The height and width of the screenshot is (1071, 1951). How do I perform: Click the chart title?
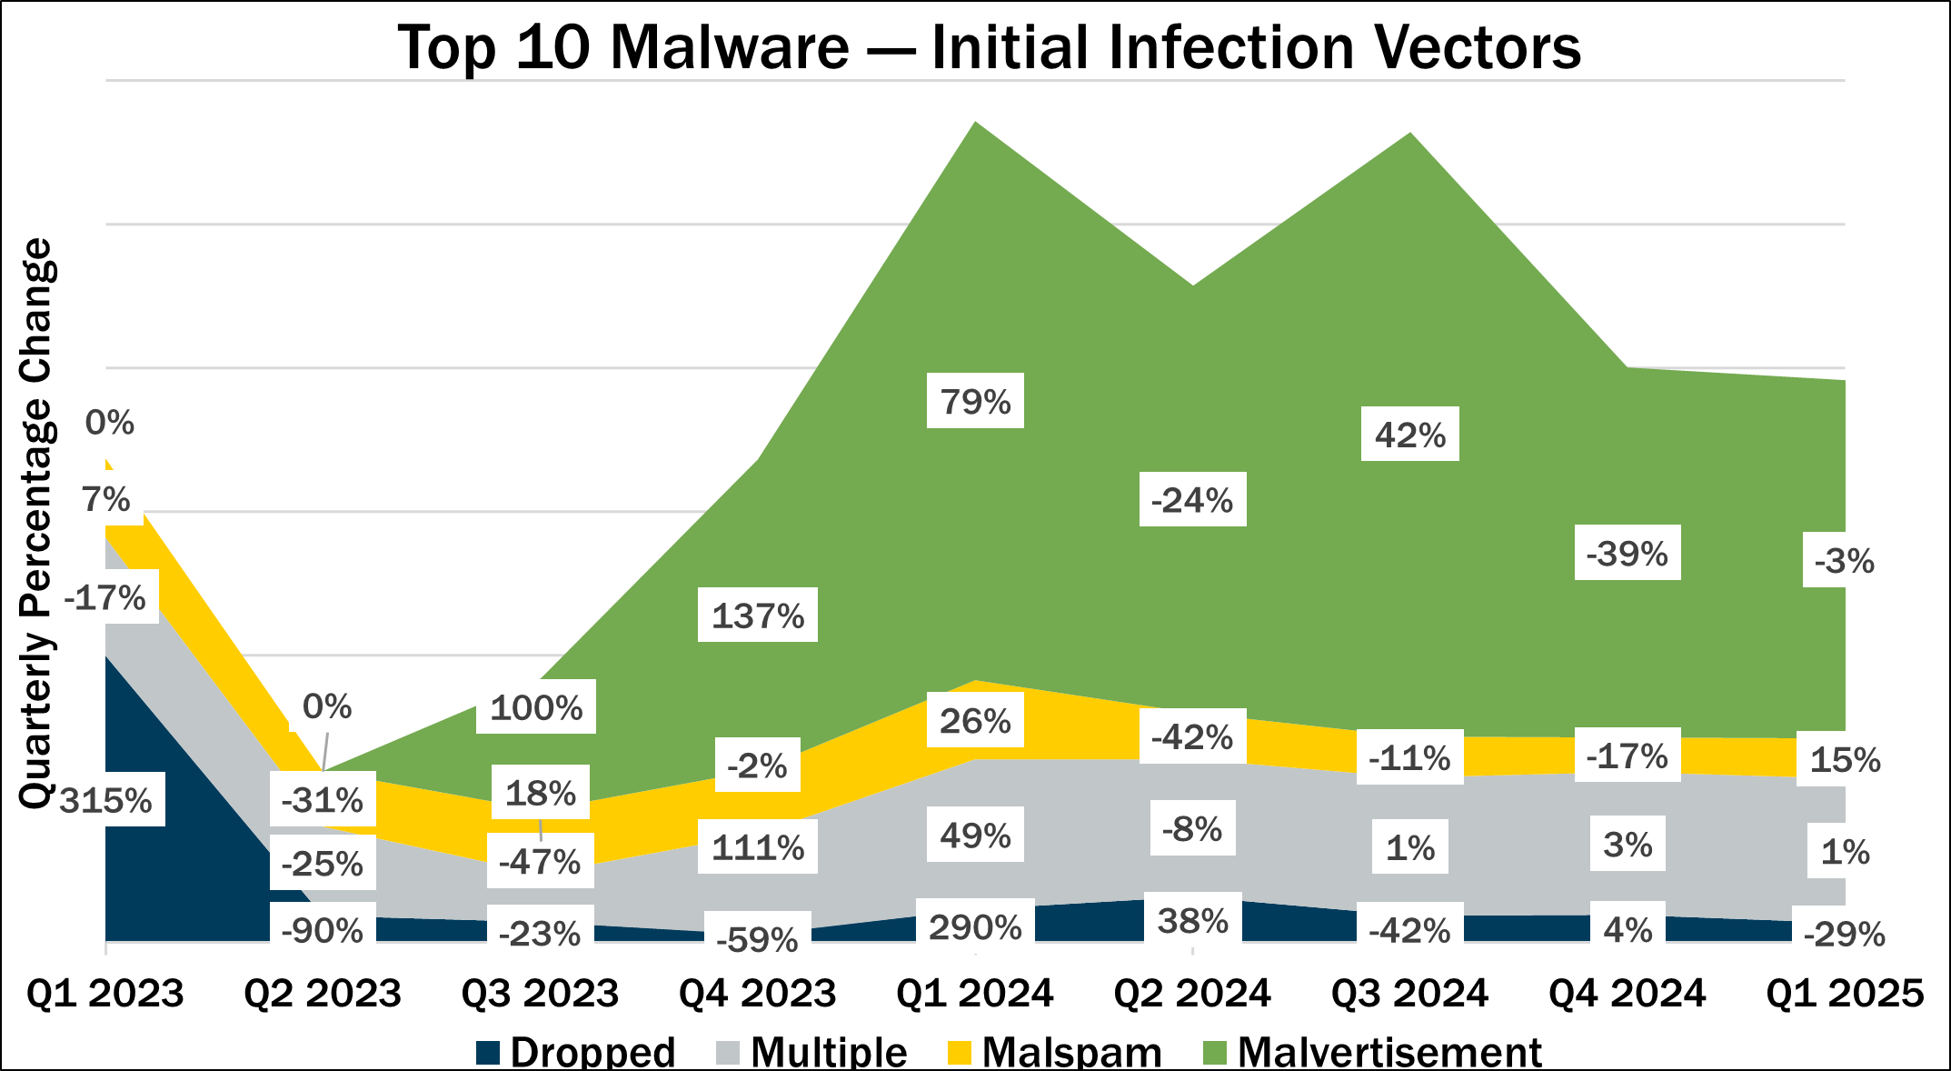tap(989, 47)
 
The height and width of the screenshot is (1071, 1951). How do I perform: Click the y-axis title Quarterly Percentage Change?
tap(36, 523)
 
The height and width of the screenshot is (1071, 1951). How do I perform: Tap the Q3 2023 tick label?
tap(540, 994)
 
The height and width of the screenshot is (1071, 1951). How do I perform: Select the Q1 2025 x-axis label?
tap(1845, 994)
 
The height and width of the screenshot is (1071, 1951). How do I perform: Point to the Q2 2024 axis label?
tap(1192, 994)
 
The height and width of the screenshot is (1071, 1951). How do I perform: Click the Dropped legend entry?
tap(576, 1053)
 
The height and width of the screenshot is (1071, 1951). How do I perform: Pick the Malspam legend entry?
tap(1054, 1053)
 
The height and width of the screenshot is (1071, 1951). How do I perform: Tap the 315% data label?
tap(106, 800)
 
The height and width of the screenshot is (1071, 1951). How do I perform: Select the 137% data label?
tap(758, 616)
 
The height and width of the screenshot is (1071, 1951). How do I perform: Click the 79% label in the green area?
tap(975, 401)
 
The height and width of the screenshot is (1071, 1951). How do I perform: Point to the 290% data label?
tap(975, 926)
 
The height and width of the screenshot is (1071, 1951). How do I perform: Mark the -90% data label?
tap(323, 931)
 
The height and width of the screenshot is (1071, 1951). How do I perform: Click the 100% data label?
tap(536, 707)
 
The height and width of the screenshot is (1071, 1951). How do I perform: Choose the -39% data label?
tap(1627, 553)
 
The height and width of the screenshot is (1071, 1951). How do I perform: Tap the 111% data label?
tap(758, 847)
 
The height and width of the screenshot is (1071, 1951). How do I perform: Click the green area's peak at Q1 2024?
tap(975, 124)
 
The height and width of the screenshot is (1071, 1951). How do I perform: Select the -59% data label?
tap(758, 938)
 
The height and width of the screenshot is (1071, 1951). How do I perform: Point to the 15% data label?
tap(1845, 759)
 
